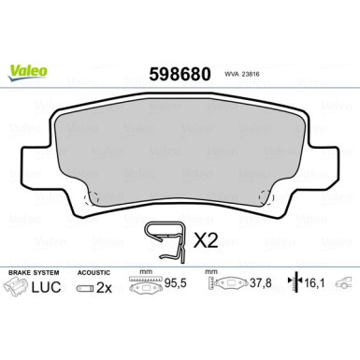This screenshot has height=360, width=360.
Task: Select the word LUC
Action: (x=49, y=286)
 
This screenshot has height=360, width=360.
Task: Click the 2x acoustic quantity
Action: (x=105, y=287)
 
